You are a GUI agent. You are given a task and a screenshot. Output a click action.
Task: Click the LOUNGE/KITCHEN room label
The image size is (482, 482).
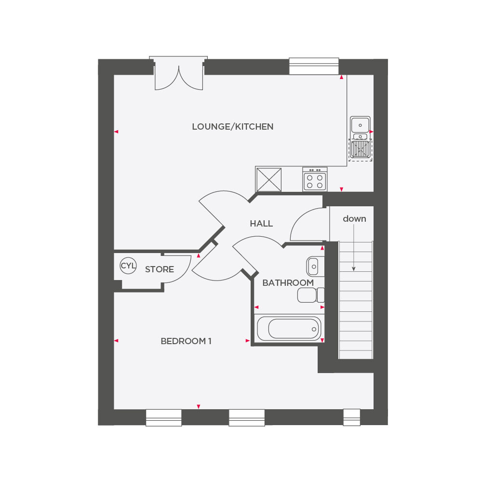232,127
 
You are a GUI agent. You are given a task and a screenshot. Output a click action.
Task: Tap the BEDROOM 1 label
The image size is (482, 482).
186,341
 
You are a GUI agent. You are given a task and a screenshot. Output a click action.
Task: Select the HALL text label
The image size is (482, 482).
261,224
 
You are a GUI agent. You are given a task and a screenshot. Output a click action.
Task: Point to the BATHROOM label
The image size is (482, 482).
288,283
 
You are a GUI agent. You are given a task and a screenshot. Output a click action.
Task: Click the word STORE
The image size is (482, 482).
160,269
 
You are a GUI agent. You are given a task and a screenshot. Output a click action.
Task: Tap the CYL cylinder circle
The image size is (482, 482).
128,266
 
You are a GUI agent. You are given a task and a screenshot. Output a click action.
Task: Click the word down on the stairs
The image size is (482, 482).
354,219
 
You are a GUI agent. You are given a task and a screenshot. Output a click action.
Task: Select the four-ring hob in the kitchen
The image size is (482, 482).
315,180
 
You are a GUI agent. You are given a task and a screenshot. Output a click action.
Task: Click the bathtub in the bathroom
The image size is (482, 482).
289,328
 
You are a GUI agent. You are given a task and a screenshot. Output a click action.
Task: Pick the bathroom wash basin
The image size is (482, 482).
312,265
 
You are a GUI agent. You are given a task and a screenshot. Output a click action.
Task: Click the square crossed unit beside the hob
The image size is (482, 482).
268,179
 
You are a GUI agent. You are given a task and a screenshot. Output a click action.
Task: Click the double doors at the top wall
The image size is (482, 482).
178,76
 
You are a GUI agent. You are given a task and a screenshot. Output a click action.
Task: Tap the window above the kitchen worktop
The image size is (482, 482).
314,66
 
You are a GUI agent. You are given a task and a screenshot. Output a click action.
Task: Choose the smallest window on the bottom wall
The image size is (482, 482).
351,417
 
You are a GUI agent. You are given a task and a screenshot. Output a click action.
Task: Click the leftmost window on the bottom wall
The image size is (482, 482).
163,417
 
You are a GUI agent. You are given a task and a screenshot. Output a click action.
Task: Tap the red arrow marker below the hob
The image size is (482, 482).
341,188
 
